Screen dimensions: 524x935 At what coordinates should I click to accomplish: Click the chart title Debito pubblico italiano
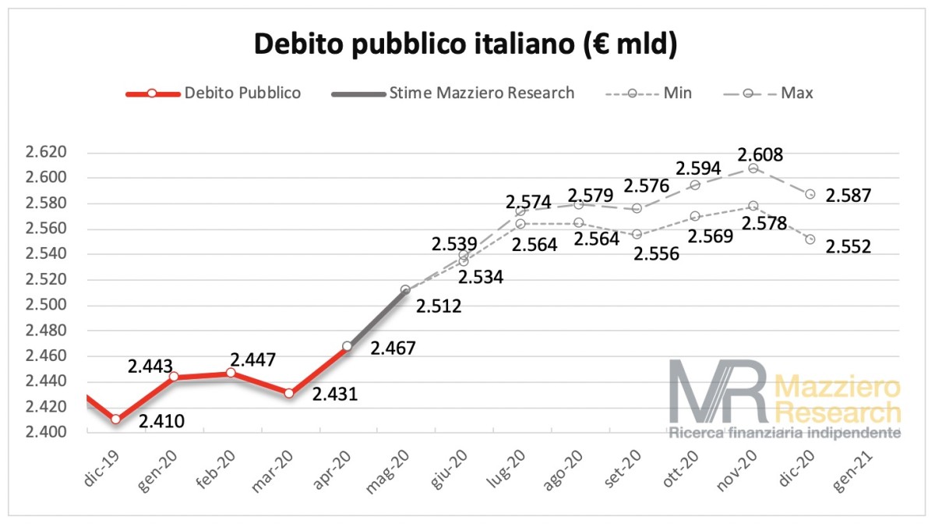point(467,44)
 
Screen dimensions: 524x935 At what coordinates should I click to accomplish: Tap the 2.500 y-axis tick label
point(47,305)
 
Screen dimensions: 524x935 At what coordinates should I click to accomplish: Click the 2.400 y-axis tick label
point(47,432)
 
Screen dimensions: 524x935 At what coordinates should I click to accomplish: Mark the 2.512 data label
point(439,306)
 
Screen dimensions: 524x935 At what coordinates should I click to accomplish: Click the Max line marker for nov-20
point(753,168)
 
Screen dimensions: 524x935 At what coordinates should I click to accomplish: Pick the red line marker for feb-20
point(231,373)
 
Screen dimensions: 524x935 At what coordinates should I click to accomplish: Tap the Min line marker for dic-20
point(810,239)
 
